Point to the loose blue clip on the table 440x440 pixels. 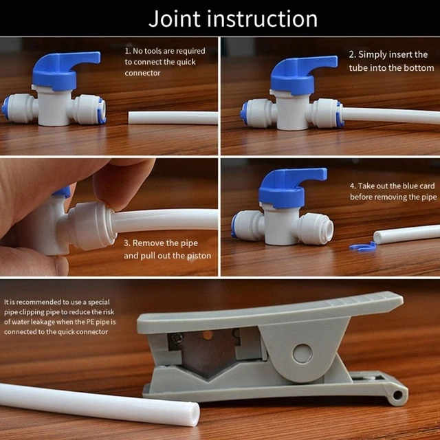tap(362, 245)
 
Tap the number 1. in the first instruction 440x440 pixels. tap(128, 51)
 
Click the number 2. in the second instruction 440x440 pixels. tap(352, 54)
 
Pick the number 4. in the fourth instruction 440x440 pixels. tap(353, 186)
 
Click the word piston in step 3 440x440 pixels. tap(197, 256)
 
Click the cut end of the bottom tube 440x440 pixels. tap(190, 414)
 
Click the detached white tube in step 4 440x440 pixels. tap(406, 234)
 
